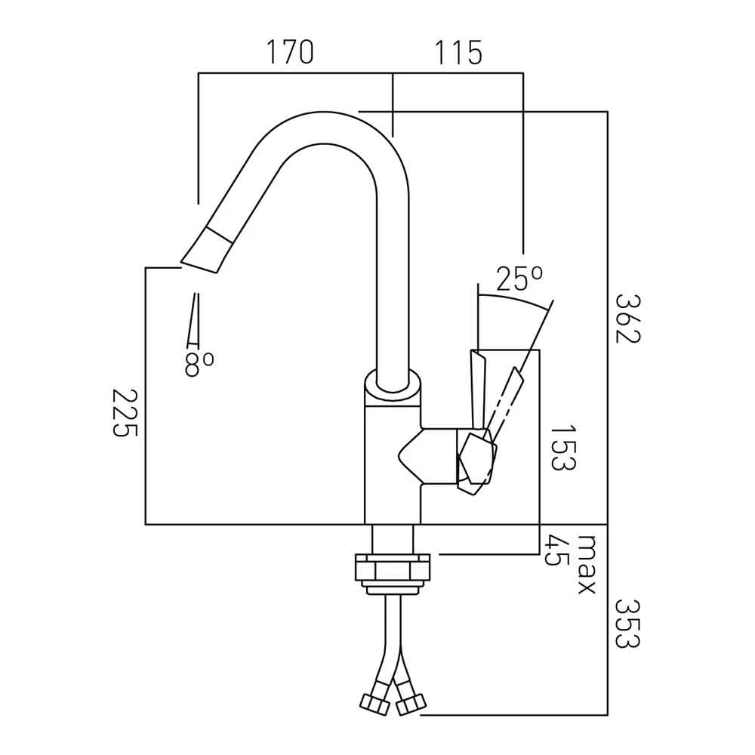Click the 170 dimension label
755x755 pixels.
pos(289,53)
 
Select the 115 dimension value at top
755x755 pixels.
pos(458,53)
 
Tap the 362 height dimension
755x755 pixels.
pos(627,317)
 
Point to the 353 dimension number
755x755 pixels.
pos(627,623)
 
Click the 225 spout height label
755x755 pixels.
pos(125,413)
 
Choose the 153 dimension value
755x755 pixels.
pos(562,447)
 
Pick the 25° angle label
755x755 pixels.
pos(519,280)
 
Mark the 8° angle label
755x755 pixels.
pos(199,365)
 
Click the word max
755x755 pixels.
pos(587,565)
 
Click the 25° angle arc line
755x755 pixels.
pos(513,299)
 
